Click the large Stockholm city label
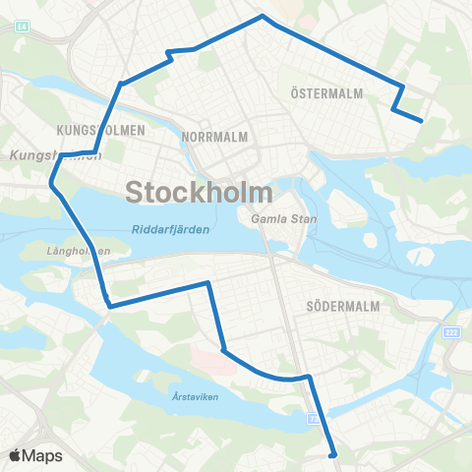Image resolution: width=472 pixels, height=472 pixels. point(200,191)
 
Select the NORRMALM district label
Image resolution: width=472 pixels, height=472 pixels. point(213,137)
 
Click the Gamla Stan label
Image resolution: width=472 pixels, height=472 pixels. point(284,218)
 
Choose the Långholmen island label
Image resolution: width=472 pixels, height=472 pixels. point(79,251)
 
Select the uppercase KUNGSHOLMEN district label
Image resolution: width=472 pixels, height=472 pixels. point(102,130)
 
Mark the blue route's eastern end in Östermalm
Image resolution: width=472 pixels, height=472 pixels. point(422,121)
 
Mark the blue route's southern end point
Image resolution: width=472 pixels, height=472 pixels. point(334,454)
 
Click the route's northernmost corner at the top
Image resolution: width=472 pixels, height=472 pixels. point(262,16)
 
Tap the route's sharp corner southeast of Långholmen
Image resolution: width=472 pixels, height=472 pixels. point(108,306)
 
